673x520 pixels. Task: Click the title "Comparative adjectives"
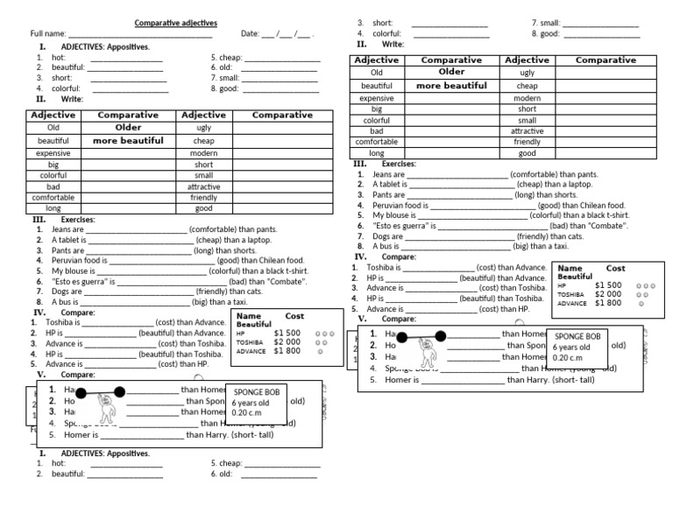pos(176,22)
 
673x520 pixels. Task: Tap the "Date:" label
pos(250,33)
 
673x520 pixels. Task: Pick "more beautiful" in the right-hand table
pos(451,86)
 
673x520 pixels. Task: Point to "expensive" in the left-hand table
pos(53,152)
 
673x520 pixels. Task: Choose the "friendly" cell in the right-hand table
pos(527,142)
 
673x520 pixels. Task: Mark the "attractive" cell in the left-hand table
pos(203,186)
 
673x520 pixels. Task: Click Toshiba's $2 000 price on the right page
pos(607,294)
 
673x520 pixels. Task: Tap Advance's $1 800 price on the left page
pos(287,350)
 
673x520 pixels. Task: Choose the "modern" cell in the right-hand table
pos(527,98)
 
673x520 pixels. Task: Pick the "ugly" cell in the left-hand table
pos(203,128)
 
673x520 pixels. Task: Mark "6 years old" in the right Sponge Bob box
pos(571,348)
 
